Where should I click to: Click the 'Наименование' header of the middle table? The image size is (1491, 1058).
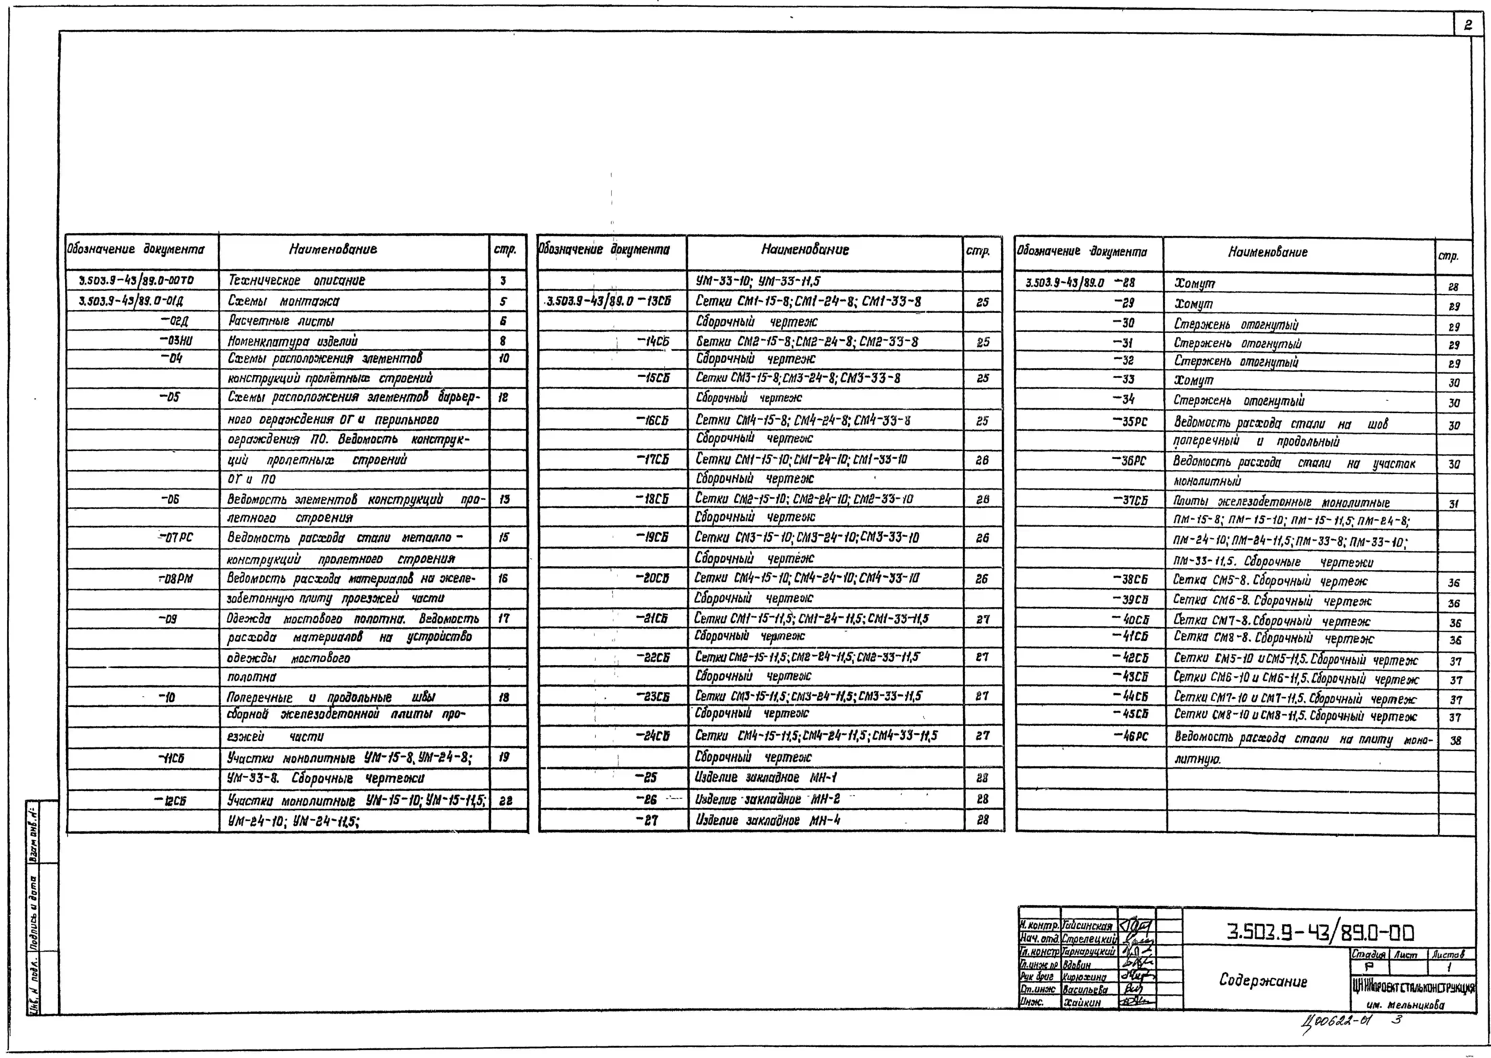[805, 250]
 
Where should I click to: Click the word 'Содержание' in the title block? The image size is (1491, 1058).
[1263, 980]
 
